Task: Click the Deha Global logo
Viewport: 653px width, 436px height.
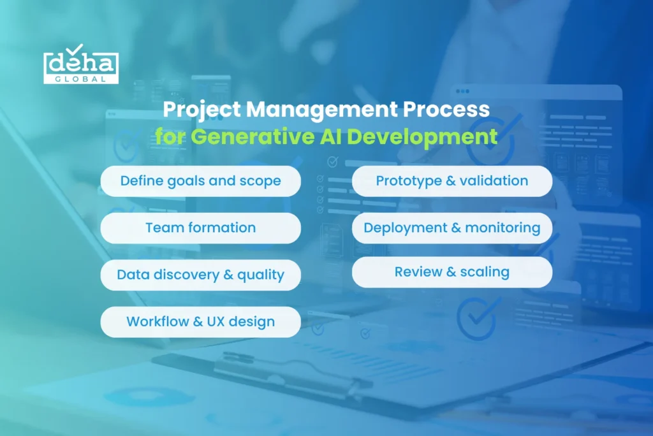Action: tap(81, 64)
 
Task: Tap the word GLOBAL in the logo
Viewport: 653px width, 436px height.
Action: tap(81, 78)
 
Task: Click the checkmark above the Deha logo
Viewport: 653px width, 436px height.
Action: tap(75, 49)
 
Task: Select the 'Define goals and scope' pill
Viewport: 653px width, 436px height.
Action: tap(200, 181)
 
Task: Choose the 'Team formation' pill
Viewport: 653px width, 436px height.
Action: tap(200, 228)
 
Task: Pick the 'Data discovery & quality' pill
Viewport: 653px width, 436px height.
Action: tap(200, 275)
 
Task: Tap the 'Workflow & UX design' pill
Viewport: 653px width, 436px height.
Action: tap(200, 322)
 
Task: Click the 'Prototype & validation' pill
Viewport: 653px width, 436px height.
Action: tap(452, 181)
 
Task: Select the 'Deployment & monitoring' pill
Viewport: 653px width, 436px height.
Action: tap(452, 228)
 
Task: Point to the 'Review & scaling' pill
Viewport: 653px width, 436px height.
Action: tap(452, 272)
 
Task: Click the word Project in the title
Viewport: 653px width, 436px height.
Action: tap(202, 110)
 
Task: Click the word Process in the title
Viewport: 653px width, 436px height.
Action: tap(446, 109)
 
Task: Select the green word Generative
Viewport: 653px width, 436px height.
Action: tap(253, 136)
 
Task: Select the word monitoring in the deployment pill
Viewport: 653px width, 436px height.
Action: tap(503, 228)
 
